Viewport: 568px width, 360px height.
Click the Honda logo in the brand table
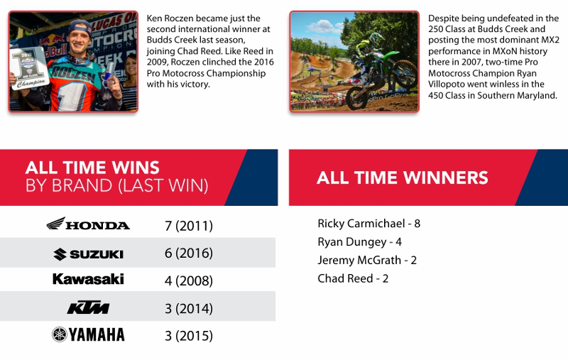click(x=88, y=224)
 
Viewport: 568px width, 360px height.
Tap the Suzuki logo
click(x=88, y=254)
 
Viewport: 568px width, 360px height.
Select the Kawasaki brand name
click(x=88, y=279)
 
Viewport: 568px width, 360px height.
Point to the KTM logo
click(x=88, y=307)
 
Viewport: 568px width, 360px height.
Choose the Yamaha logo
click(x=88, y=334)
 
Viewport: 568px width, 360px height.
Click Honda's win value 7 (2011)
click(x=188, y=226)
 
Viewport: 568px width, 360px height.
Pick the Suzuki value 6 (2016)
click(x=188, y=253)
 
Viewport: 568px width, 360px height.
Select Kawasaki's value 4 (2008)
click(x=188, y=280)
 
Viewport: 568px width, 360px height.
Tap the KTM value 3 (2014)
click(x=188, y=309)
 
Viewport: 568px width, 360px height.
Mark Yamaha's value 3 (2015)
click(x=188, y=336)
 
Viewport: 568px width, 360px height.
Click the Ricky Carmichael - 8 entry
click(x=368, y=224)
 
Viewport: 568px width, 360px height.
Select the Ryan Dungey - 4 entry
click(x=359, y=242)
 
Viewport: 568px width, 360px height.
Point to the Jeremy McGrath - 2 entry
click(x=367, y=261)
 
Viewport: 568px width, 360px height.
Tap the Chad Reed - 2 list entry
click(x=353, y=278)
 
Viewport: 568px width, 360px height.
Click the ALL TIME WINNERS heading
click(x=402, y=178)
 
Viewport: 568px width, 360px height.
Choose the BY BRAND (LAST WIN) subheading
click(x=116, y=186)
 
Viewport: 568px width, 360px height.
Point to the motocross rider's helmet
click(x=376, y=39)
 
